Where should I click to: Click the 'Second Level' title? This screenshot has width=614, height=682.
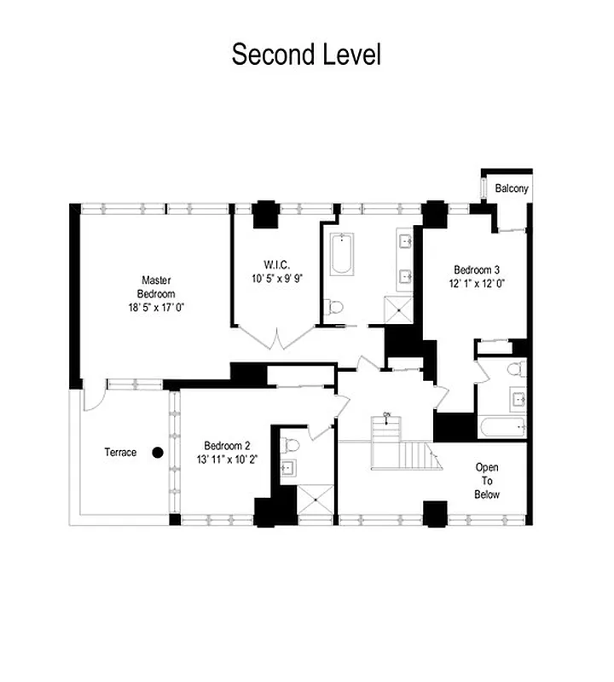tap(306, 54)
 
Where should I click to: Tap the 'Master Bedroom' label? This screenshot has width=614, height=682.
tap(156, 286)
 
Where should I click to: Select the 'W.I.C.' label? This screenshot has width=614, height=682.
tap(277, 263)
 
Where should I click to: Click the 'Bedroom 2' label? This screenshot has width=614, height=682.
tap(227, 445)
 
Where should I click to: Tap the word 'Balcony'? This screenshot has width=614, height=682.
tap(512, 188)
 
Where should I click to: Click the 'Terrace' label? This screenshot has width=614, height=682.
tap(120, 452)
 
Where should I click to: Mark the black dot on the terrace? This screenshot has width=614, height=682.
tap(158, 453)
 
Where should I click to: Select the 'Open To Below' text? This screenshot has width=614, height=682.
tap(487, 481)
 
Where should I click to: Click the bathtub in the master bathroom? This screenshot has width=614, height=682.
tap(342, 254)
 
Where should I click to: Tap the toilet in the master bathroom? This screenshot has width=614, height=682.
tap(335, 306)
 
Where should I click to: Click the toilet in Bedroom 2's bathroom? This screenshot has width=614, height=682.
tap(290, 444)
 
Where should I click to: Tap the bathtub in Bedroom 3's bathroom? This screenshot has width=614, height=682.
tap(501, 428)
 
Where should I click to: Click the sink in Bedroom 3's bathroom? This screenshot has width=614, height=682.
tap(516, 396)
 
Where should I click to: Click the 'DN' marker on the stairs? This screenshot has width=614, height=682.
tap(386, 415)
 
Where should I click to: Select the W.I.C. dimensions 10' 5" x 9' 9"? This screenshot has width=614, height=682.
tap(277, 279)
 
